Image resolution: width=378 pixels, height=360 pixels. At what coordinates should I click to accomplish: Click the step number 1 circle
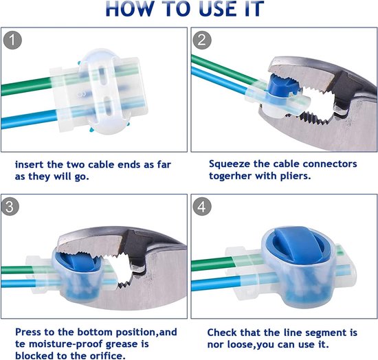pos(12,41)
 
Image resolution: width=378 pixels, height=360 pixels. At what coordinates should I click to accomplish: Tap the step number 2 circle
pos(202,40)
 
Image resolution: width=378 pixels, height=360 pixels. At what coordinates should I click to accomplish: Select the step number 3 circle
pos(10,207)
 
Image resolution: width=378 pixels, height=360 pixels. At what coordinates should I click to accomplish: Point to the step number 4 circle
pos(202,207)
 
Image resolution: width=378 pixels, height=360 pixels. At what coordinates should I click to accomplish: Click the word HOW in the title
pos(129,9)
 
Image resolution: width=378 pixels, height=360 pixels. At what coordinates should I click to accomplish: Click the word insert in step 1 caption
pos(30,165)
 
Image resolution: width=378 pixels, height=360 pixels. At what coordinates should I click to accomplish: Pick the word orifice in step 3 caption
pos(107,356)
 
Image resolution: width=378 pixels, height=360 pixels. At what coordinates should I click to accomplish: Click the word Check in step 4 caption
pos(222,333)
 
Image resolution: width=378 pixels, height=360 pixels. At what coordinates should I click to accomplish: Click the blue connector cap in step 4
pos(298,243)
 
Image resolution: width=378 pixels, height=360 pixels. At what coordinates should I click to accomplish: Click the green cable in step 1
pos(27,87)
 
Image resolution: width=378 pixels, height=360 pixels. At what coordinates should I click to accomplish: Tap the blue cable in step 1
pos(30,119)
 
